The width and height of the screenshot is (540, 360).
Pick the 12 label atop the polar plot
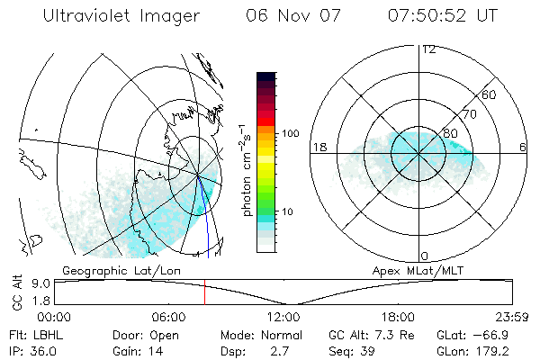(428, 49)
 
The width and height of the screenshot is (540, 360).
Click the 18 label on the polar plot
(318, 147)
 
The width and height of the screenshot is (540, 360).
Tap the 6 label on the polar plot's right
(523, 147)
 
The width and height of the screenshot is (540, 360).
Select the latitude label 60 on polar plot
(490, 94)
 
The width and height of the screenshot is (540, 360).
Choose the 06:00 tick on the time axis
(168, 317)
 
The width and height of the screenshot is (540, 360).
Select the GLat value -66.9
(496, 335)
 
